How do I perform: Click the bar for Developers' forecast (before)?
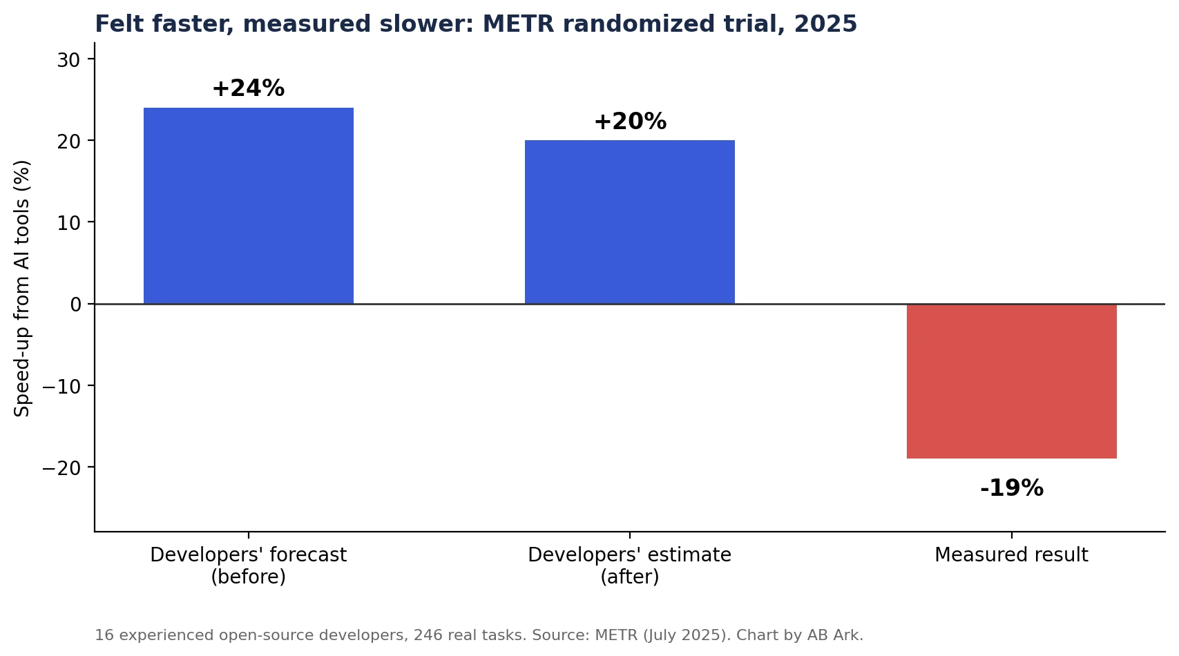coord(249,206)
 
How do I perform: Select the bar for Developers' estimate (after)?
coord(629,222)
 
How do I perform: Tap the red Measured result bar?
coord(1012,381)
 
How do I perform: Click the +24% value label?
coord(249,88)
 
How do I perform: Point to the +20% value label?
coord(630,122)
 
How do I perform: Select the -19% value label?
coord(1012,488)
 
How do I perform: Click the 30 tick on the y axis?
coord(68,61)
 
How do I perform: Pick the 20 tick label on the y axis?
coord(68,142)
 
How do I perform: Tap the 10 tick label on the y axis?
coord(68,223)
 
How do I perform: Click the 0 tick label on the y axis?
coord(75,305)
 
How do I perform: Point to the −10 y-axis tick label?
coord(61,387)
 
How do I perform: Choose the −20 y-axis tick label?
coord(61,468)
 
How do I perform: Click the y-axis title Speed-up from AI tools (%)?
coord(21,289)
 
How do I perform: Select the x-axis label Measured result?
coord(1011,555)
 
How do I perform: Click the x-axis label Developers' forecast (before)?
coord(249,566)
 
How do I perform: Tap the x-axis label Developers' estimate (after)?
coord(629,566)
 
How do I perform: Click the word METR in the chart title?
coord(518,24)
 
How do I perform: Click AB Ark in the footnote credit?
coord(835,635)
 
